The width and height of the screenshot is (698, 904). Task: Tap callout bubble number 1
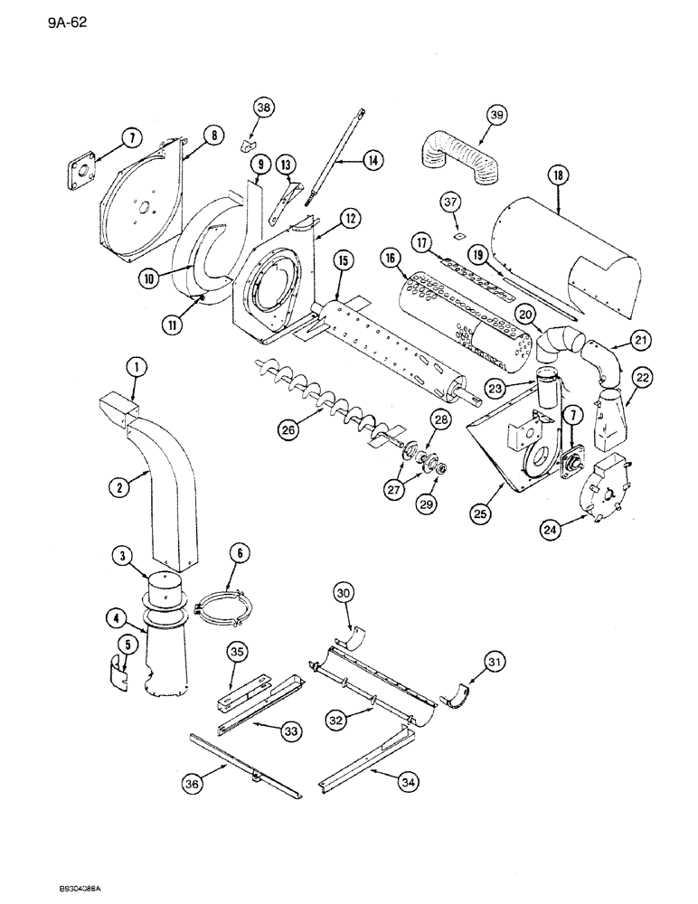coord(136,367)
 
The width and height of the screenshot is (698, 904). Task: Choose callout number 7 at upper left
coord(131,138)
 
